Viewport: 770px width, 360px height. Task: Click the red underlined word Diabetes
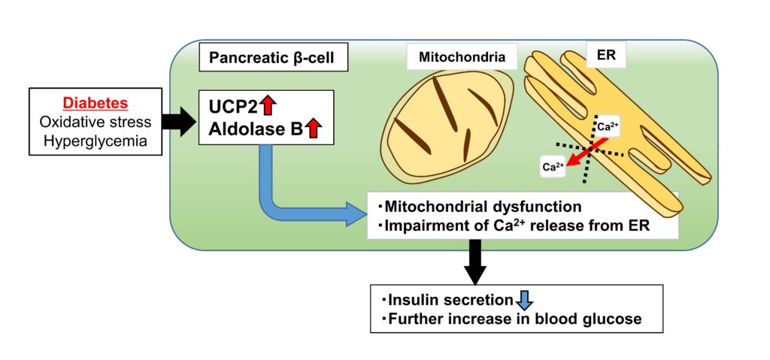(x=96, y=104)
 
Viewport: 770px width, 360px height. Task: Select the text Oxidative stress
(x=96, y=123)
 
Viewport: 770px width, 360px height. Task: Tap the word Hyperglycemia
(x=96, y=141)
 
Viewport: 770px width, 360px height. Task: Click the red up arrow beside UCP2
(x=268, y=106)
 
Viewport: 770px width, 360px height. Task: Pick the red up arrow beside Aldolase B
(x=312, y=129)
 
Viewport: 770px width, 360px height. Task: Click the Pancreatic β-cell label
(x=271, y=58)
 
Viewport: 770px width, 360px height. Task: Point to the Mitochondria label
(x=462, y=57)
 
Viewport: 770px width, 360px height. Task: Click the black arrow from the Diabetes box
(x=180, y=122)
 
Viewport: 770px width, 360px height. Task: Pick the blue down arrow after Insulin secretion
(x=524, y=300)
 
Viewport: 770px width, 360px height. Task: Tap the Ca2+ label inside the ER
(x=608, y=127)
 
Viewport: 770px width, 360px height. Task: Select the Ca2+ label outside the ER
(x=553, y=167)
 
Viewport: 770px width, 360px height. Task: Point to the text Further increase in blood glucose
(x=514, y=319)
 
